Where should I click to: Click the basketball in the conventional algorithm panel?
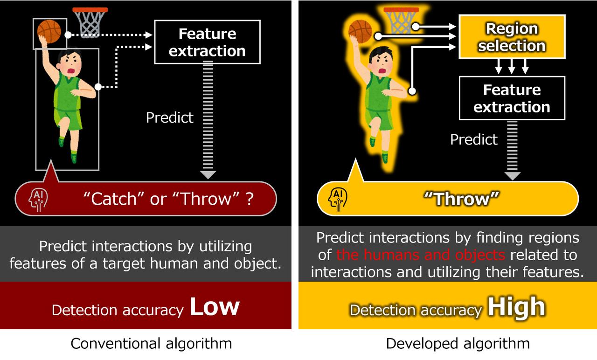49,31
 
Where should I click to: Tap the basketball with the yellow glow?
360,30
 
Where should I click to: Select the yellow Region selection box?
512,37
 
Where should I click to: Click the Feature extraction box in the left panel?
207,42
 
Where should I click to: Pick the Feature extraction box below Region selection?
512,98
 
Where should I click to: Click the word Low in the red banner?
215,306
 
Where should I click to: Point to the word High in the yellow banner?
516,307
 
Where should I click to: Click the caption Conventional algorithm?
151,344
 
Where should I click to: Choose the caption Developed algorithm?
458,344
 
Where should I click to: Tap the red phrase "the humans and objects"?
420,255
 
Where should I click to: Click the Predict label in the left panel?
169,117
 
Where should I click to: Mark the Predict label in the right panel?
474,139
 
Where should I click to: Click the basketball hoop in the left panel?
90,21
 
